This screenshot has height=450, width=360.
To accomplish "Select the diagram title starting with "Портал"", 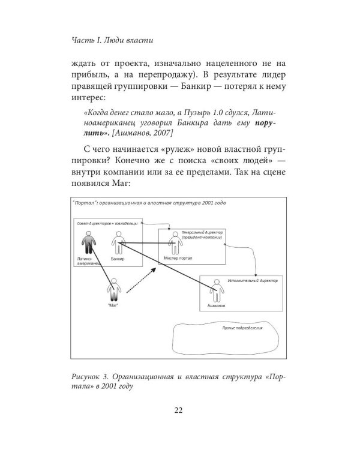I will tap(148, 203).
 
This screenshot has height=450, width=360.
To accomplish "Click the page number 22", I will tap(179, 410).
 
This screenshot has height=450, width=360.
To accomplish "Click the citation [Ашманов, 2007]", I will tap(145, 133).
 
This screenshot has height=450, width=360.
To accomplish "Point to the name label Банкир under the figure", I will tap(118, 259).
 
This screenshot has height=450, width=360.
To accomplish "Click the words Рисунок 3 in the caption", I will tap(90, 377).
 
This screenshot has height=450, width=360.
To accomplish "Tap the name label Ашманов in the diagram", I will tap(215, 306).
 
